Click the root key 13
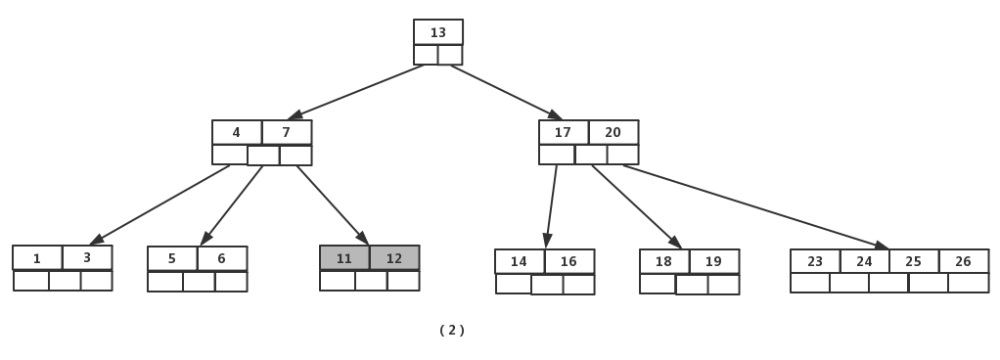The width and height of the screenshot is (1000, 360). (x=438, y=32)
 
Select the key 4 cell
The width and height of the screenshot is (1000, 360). (x=237, y=132)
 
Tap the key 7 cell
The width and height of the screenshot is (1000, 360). (x=287, y=132)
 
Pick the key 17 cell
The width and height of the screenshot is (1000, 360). (x=564, y=132)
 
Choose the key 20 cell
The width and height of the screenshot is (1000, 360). (x=614, y=132)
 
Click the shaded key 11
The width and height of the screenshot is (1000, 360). (x=344, y=258)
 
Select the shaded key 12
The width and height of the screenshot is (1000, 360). (x=394, y=258)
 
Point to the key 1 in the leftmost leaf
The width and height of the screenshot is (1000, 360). (x=37, y=258)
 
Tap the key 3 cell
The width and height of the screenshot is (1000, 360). (x=87, y=258)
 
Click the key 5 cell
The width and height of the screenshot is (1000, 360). (x=172, y=258)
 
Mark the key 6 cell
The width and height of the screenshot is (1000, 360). (x=222, y=258)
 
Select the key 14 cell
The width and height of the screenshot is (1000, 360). (x=520, y=262)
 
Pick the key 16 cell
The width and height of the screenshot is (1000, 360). (x=569, y=262)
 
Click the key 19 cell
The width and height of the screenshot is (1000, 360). (x=714, y=262)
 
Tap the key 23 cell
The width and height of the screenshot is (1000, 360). (x=815, y=262)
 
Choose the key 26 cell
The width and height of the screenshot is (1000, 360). (x=964, y=262)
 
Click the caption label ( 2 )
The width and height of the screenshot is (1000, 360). (x=452, y=330)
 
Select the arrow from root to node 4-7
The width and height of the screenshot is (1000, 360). (x=356, y=92)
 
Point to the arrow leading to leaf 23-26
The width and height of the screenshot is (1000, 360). (x=755, y=206)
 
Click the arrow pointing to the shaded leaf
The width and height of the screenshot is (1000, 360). (x=333, y=205)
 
